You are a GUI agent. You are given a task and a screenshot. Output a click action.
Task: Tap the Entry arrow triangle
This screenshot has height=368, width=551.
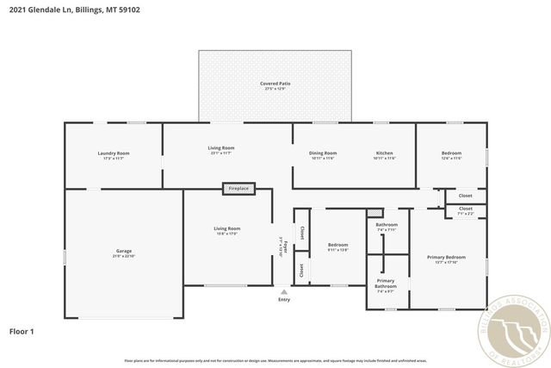point(284,292)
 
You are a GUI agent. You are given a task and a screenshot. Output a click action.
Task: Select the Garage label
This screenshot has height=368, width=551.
point(124,251)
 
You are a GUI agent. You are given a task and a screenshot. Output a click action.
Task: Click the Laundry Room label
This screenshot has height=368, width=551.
point(113,153)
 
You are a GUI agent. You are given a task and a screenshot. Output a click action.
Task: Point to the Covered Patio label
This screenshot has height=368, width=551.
point(275,84)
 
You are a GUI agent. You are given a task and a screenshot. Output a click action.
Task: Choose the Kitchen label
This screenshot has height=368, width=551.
point(385,153)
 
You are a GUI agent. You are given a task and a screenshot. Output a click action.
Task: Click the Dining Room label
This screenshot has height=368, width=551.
point(323,153)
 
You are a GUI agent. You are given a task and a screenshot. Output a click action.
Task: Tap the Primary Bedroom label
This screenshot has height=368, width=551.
point(446,257)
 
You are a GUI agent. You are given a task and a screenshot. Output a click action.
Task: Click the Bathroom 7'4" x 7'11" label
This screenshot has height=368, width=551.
point(386,225)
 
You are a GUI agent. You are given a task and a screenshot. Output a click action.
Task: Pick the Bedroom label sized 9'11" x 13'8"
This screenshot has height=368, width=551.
point(338,245)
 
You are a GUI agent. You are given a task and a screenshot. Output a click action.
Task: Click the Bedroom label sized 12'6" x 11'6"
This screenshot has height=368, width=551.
point(451,153)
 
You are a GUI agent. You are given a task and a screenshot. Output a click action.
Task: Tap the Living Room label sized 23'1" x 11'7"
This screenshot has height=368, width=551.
point(221,147)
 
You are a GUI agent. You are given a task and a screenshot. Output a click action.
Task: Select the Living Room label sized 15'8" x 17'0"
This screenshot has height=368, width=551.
point(226,228)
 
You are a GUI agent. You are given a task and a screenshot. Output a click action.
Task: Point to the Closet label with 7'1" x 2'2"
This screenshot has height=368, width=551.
point(465,209)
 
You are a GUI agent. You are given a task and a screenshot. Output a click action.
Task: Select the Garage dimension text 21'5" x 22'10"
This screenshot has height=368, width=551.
point(124,256)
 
